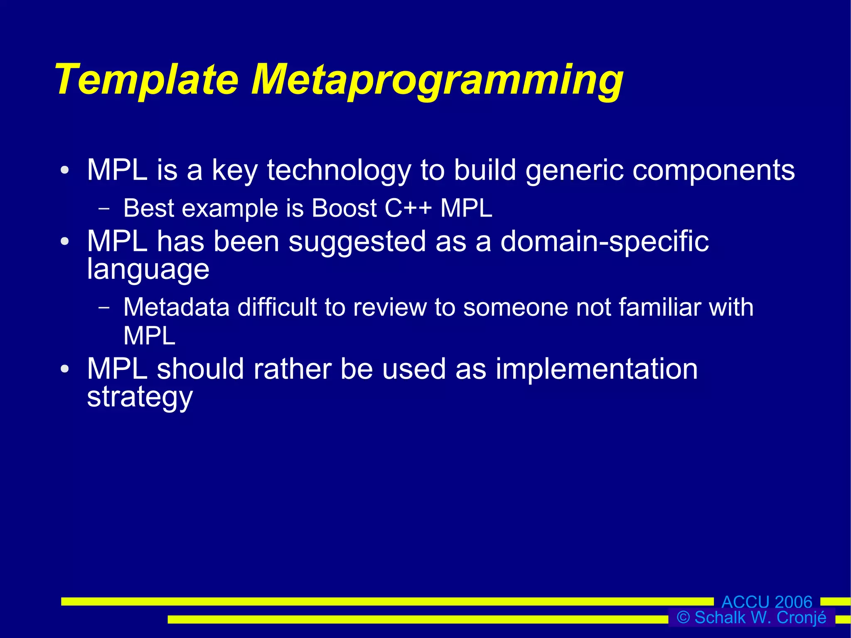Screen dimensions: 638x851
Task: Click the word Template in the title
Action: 146,80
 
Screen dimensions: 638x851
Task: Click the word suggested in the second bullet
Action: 357,241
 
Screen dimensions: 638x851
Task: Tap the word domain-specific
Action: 604,241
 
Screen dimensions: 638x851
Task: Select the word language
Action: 148,270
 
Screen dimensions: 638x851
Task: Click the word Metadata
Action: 176,308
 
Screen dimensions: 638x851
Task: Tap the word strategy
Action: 140,397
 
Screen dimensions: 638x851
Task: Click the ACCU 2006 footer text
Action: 767,602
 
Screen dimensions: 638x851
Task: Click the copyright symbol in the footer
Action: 683,618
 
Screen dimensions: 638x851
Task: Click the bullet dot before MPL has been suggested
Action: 64,241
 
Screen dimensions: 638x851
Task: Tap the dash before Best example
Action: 104,209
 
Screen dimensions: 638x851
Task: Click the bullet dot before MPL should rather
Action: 64,369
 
